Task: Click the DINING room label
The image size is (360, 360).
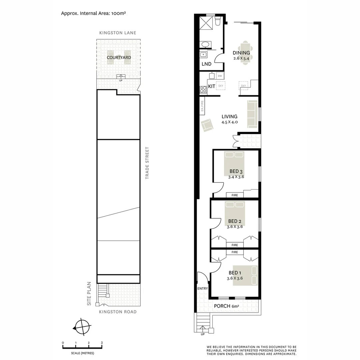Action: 241,53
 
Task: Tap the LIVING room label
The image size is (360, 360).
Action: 230,117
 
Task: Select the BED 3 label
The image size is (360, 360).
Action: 236,172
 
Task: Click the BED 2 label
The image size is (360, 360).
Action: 235,221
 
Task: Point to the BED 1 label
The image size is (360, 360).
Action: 235,273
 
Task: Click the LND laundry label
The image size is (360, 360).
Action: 207,64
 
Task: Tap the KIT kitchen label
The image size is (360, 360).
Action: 212,86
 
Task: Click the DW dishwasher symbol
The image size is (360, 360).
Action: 220,76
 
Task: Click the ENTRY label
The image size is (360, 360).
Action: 203,289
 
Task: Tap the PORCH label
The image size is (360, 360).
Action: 222,306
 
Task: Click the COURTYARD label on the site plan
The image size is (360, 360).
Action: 119,58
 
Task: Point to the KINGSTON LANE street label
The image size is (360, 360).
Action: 118,33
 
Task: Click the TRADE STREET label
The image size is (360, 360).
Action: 147,163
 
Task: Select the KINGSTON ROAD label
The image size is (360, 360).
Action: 118,312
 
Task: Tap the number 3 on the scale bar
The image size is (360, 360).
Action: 102,343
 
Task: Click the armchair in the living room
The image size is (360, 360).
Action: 207,125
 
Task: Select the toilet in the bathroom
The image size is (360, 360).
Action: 218,22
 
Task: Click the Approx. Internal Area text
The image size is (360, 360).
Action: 93,13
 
